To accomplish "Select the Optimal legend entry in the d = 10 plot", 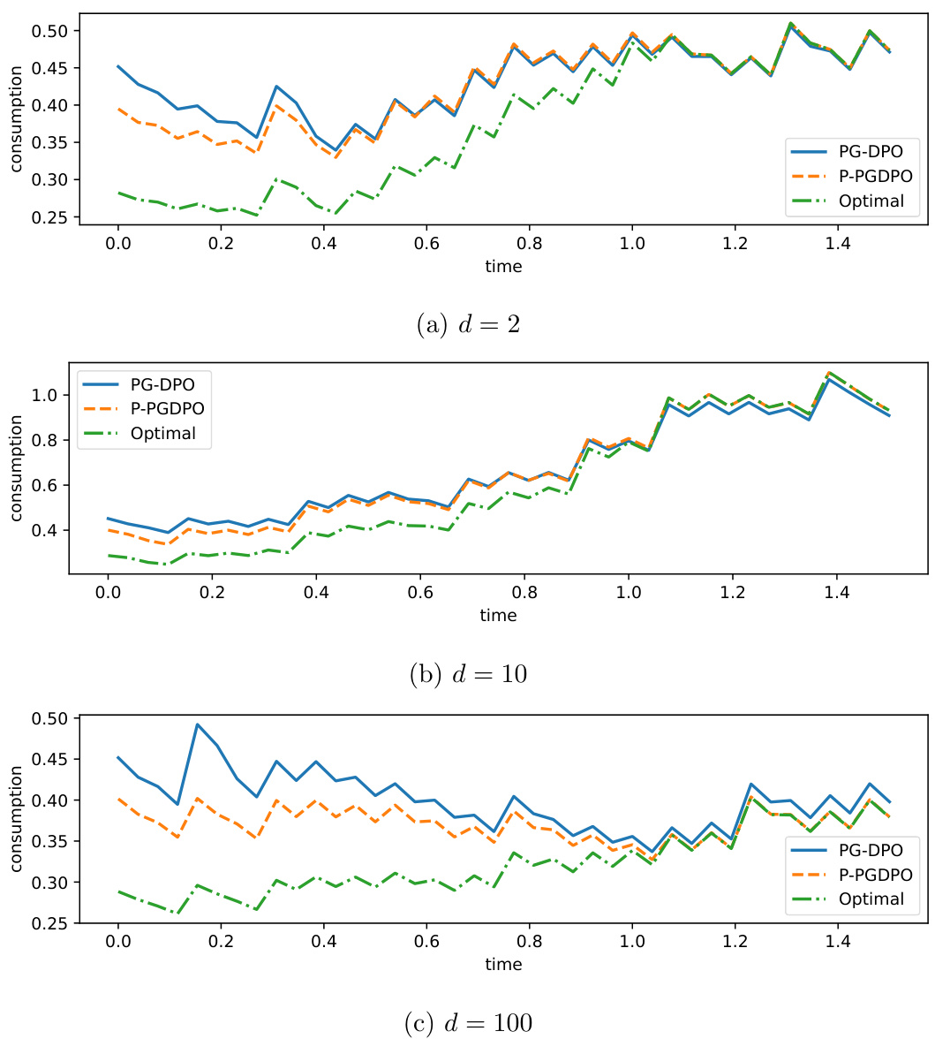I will coord(162,433).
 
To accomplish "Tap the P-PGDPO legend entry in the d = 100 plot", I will coord(869,875).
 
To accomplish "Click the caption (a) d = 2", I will coord(467,324).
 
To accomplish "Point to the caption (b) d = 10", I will coord(467,674).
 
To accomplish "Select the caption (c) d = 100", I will coord(467,1023).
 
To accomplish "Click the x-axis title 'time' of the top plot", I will coord(503,266).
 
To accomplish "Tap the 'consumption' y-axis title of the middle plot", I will coord(16,468).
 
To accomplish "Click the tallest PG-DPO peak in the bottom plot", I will coord(198,724).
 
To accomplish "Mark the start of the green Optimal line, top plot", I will coord(118,193).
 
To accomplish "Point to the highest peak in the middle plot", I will coord(830,372).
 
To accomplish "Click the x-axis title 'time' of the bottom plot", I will coord(503,965).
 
